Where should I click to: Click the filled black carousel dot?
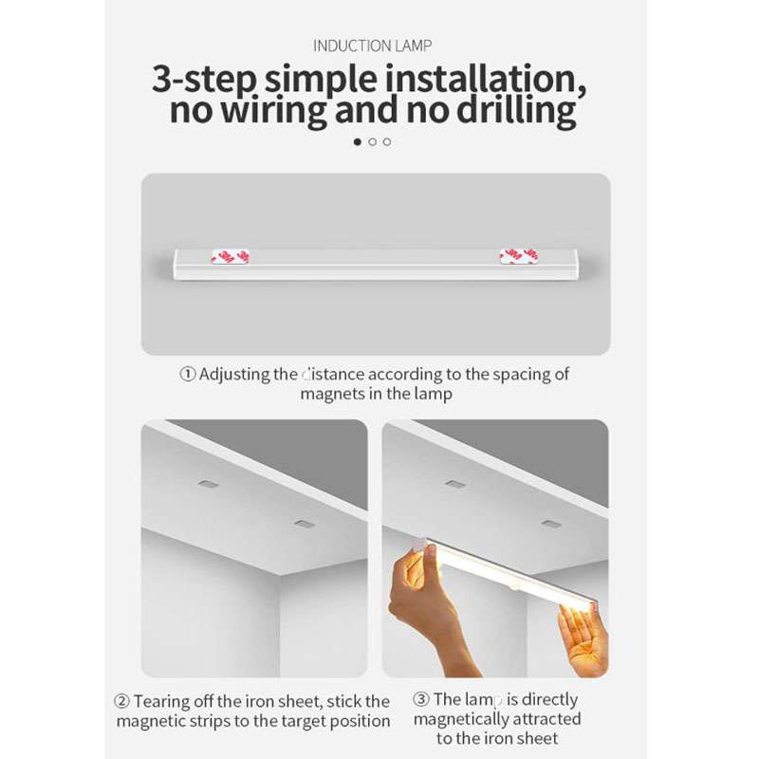tap(358, 141)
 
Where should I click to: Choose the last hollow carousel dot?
tap(387, 141)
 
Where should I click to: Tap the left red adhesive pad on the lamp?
tap(230, 256)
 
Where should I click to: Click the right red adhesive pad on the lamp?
tap(519, 256)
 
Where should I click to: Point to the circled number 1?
tap(187, 374)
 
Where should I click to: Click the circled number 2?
tap(121, 702)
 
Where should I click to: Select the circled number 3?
tap(421, 700)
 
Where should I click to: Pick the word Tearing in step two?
tap(162, 702)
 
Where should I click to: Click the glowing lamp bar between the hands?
tap(503, 579)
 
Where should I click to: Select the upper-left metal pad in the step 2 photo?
tap(208, 484)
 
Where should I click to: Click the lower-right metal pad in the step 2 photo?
tap(303, 523)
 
